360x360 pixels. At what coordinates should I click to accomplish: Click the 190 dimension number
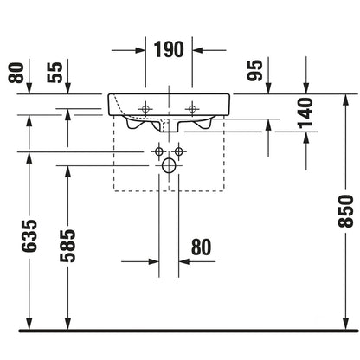coord(169,49)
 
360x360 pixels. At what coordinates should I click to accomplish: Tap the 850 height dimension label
coord(346,211)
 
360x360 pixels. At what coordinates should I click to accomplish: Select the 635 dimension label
coord(29,235)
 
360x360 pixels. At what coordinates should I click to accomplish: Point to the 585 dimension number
coord(67,246)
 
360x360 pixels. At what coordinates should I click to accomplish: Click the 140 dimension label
coord(305,112)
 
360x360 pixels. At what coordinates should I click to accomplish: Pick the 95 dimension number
coord(255,70)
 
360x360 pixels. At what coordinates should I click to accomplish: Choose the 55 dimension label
coord(55,73)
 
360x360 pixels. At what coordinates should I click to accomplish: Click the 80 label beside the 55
coord(16,73)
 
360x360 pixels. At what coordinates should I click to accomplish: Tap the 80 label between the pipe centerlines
coord(201,247)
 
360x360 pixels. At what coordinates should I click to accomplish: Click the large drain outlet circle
coord(169,166)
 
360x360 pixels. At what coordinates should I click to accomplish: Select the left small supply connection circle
coord(159,151)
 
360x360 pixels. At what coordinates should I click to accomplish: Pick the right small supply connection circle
coord(179,151)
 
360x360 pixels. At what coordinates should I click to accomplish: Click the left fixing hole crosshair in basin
coord(145,109)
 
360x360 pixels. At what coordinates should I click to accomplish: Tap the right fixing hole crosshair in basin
coord(192,109)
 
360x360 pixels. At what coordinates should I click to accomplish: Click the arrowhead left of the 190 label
coord(140,50)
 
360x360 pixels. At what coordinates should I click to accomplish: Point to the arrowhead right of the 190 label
coord(197,50)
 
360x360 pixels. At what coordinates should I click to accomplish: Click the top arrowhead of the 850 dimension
coord(346,100)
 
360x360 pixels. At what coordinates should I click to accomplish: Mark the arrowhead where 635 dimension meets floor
coord(29,324)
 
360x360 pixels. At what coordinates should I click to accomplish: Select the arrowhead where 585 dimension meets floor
coord(67,324)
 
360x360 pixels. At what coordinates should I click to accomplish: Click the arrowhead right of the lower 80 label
coord(183,261)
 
